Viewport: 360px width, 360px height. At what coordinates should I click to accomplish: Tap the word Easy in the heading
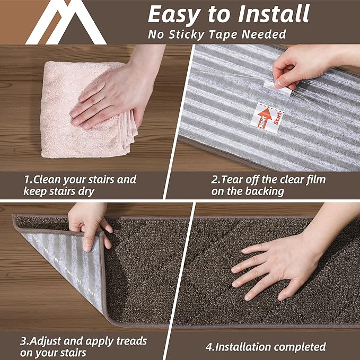click(173, 15)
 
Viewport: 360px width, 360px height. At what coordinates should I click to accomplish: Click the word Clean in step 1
click(51, 180)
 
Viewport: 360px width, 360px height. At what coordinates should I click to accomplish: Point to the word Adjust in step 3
click(50, 341)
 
